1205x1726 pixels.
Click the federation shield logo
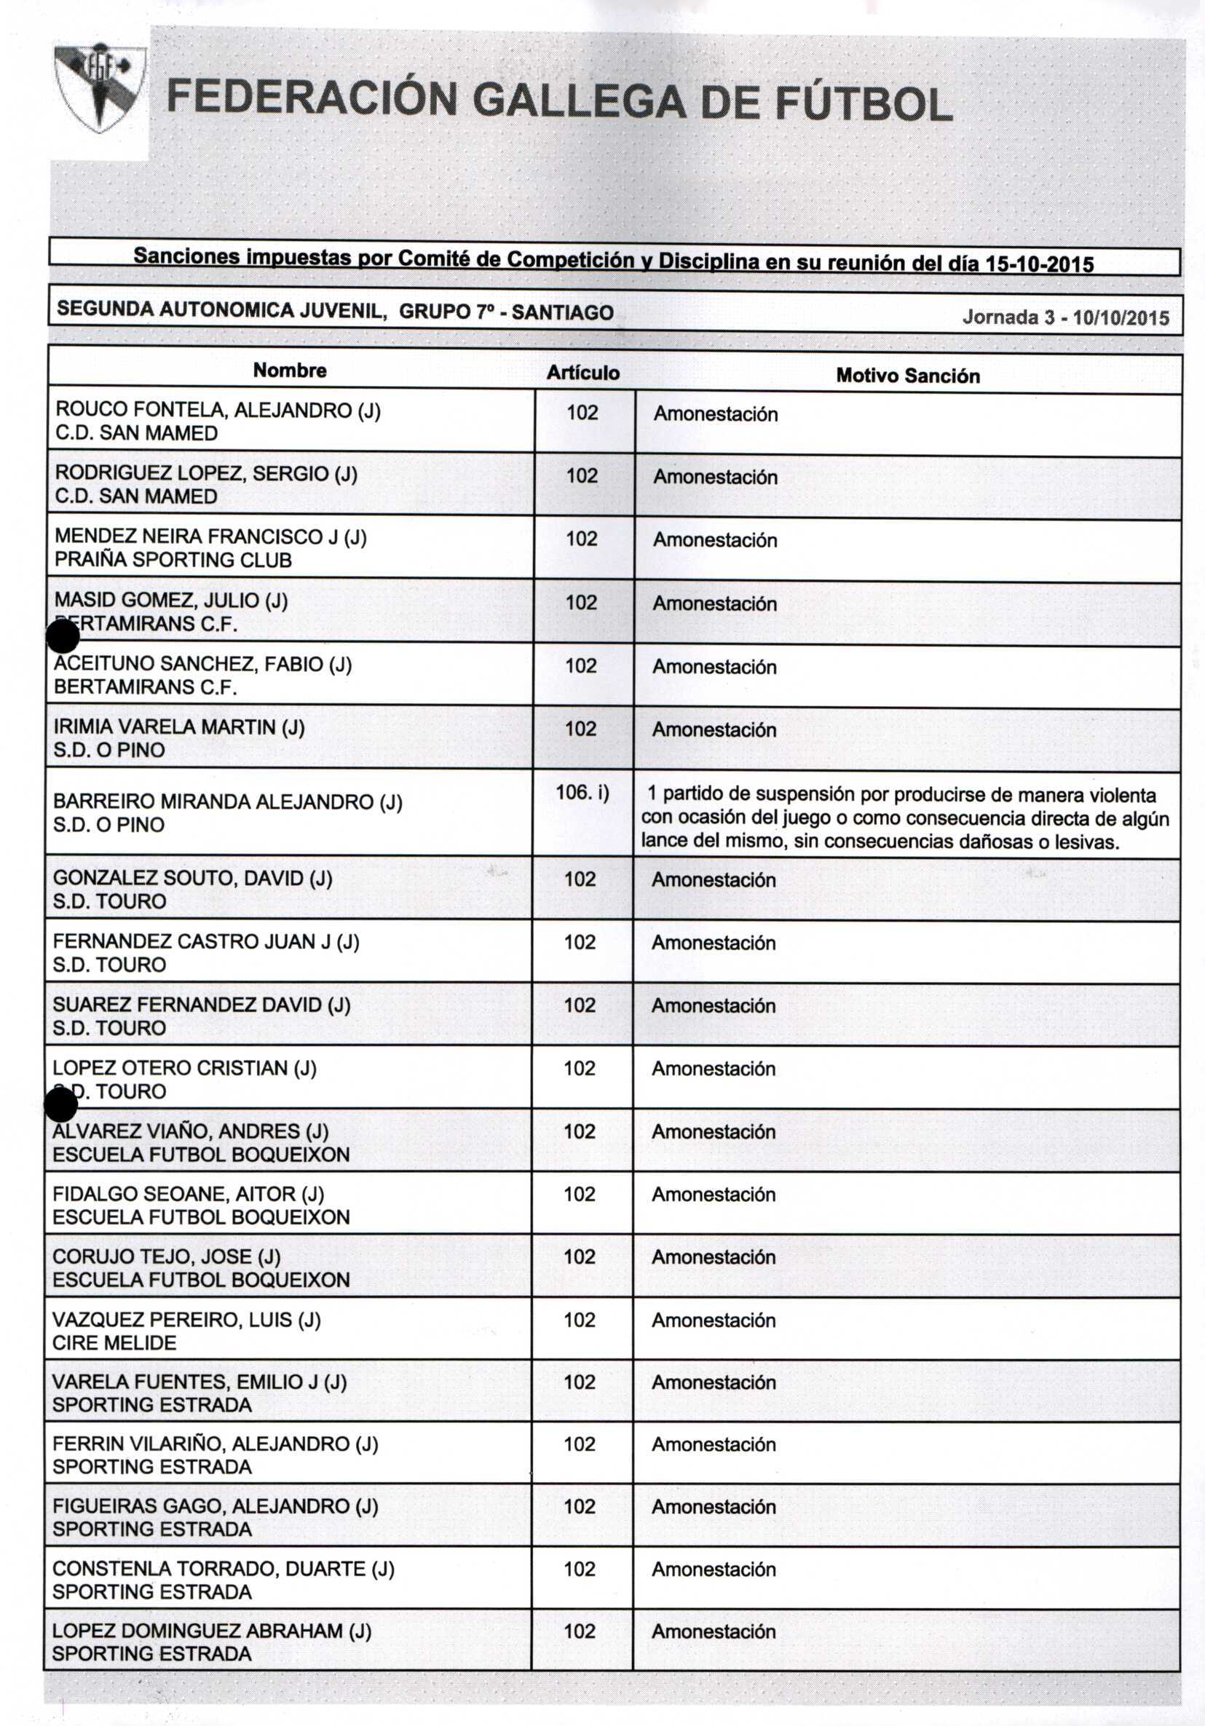(x=99, y=89)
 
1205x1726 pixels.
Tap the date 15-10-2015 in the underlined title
(x=1040, y=264)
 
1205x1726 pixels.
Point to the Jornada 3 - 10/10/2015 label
(x=1065, y=317)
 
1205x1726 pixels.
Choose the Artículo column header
(x=582, y=373)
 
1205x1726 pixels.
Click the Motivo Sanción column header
(x=907, y=376)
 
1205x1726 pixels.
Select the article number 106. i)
(x=582, y=792)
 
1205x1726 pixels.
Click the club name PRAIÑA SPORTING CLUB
(x=173, y=560)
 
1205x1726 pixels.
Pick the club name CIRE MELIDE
(x=114, y=1342)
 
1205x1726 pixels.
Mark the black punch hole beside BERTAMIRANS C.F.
(x=63, y=637)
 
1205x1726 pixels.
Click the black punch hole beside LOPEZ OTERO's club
(x=61, y=1104)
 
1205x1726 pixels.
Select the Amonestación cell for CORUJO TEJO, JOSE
(x=714, y=1257)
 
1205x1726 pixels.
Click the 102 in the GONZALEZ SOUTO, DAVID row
(x=580, y=879)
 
